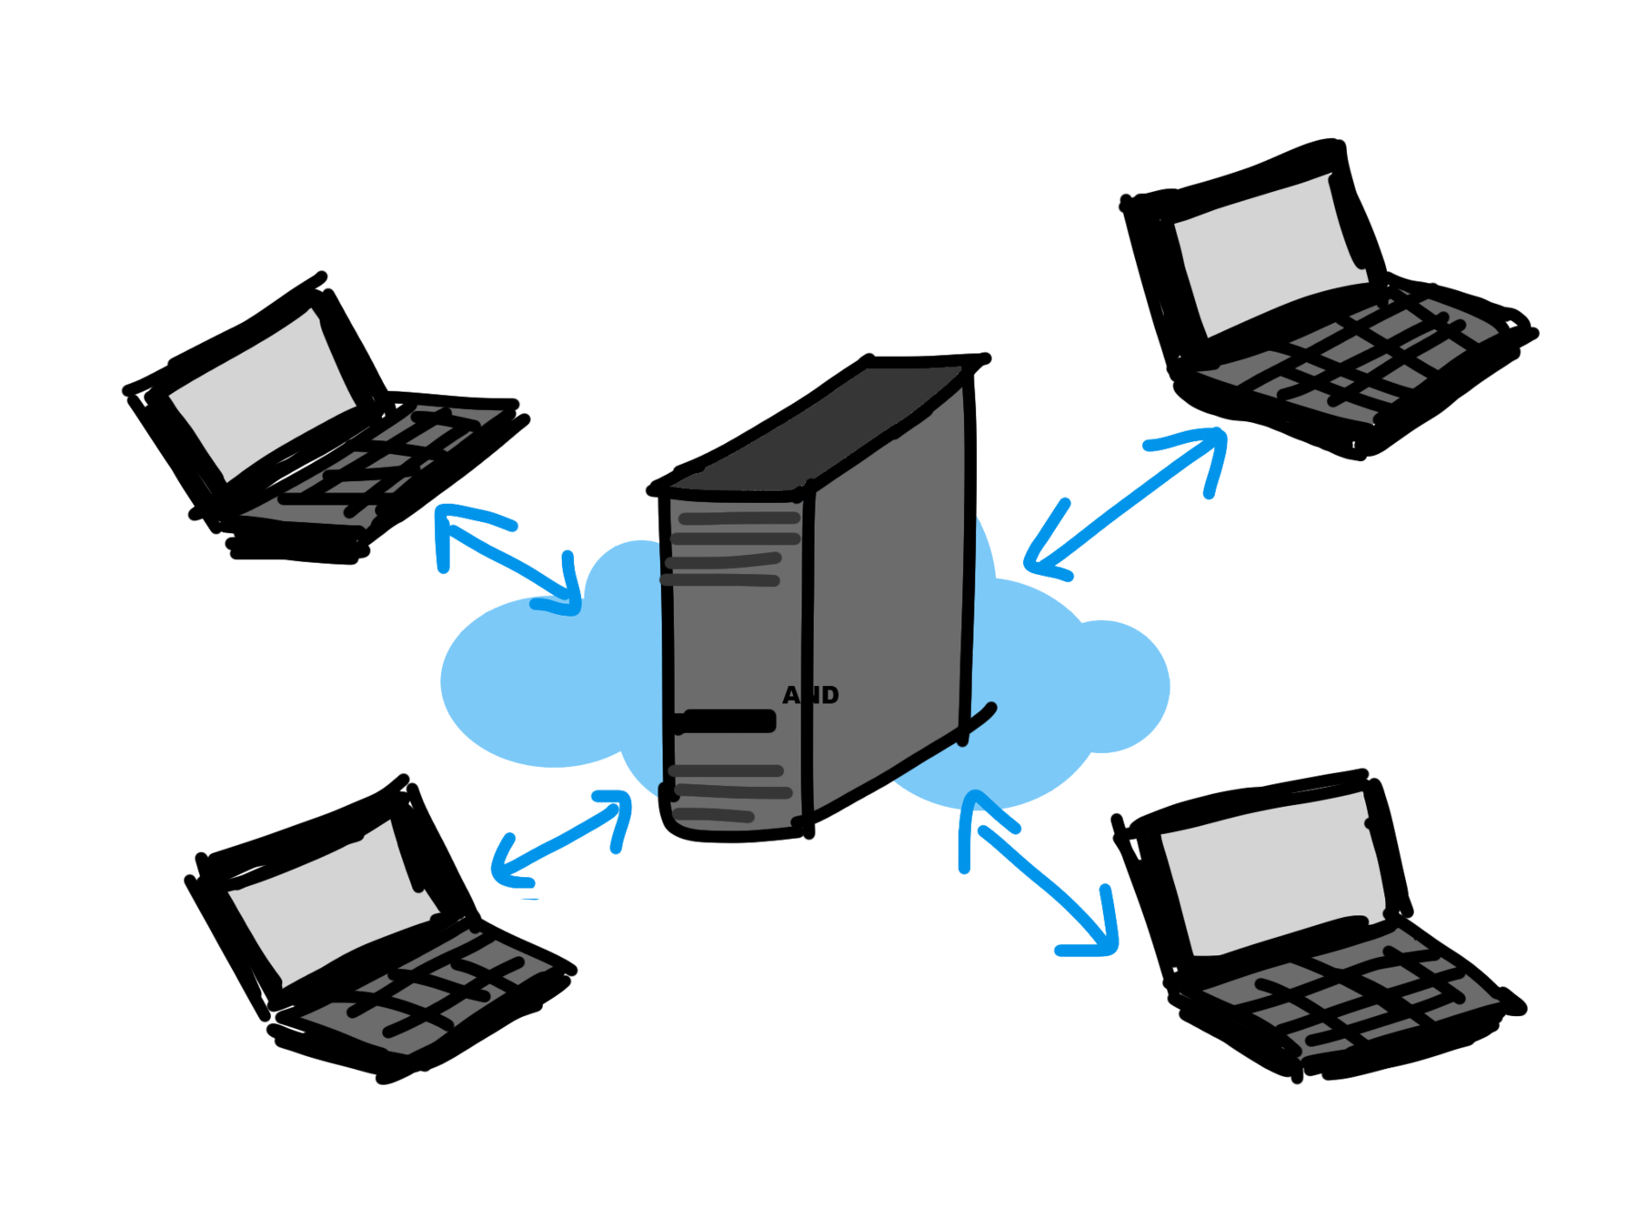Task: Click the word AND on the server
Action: (x=810, y=695)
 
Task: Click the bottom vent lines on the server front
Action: (x=728, y=791)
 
